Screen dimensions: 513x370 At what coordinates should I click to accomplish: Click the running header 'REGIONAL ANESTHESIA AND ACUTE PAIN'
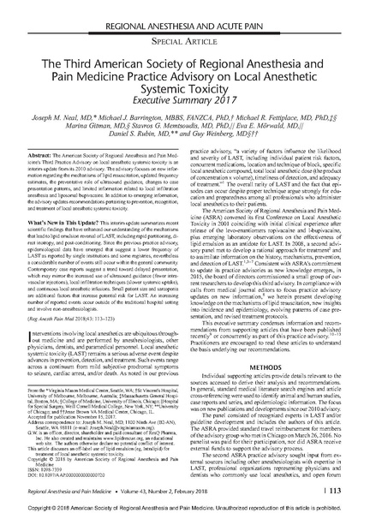coord(185,8)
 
